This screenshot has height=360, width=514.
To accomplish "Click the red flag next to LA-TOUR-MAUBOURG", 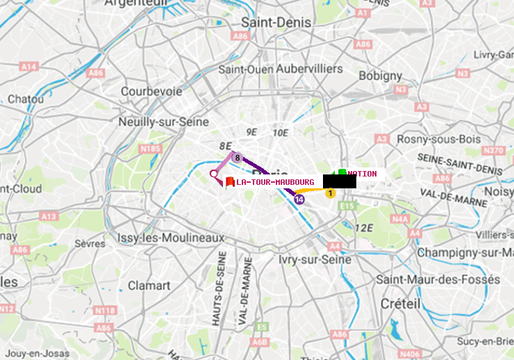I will [230, 182].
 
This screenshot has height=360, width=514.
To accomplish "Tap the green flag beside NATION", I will [342, 173].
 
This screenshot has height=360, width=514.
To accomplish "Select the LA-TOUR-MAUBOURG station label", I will [275, 182].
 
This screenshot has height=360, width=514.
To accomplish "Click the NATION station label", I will [363, 174].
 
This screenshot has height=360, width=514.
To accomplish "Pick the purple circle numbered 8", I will [237, 158].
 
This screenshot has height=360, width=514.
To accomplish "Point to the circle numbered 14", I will [299, 199].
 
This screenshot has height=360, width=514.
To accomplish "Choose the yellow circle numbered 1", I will [331, 193].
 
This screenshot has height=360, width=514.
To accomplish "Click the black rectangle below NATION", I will [340, 181].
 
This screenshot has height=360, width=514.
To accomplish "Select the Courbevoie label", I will [151, 91].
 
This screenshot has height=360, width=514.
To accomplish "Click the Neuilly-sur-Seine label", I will [164, 122].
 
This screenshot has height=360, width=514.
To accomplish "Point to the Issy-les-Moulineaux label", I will [171, 238].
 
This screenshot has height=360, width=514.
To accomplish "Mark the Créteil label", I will [400, 304].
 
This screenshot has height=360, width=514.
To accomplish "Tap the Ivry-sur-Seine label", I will [315, 259].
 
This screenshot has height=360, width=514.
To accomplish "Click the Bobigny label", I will [380, 75].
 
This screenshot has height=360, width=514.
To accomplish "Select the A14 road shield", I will [28, 66].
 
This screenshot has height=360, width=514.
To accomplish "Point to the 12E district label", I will [364, 227].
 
